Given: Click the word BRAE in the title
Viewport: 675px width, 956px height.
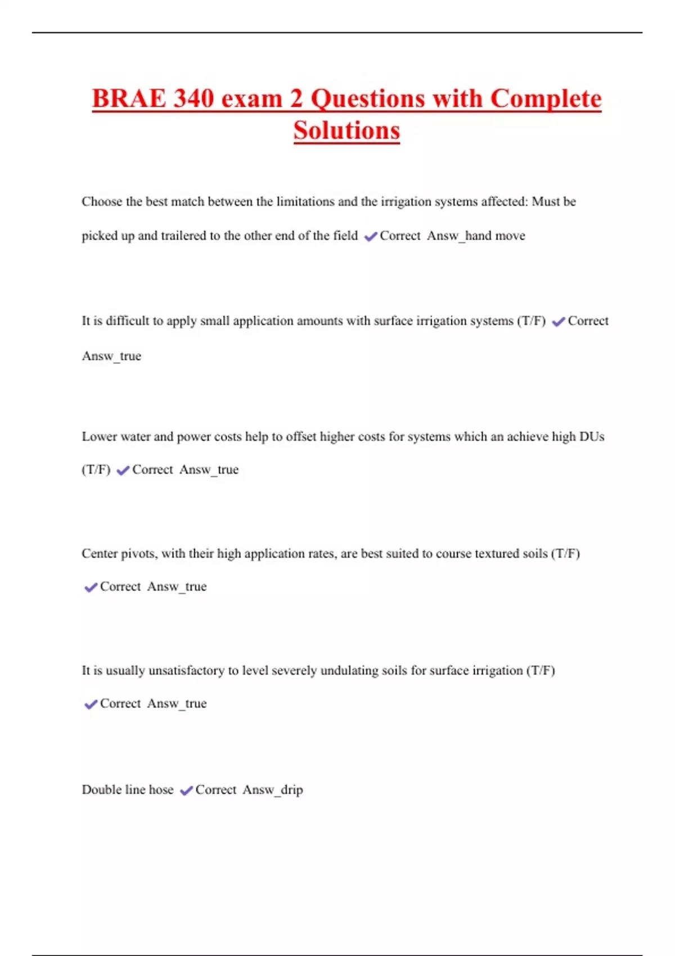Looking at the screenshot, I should point(129,99).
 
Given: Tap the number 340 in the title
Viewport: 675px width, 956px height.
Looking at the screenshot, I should point(193,99).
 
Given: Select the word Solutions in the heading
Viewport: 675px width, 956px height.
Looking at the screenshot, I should point(346,131).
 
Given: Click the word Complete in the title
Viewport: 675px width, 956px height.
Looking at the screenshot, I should point(546,99).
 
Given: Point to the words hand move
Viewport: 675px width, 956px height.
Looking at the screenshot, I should point(495,236).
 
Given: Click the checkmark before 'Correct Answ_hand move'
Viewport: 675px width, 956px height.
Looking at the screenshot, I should point(371,237).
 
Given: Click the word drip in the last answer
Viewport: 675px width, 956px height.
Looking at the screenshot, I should point(292,790).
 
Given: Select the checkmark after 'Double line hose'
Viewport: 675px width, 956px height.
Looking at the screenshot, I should point(186,791).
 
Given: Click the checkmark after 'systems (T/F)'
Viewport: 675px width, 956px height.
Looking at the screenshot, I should point(559,322).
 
